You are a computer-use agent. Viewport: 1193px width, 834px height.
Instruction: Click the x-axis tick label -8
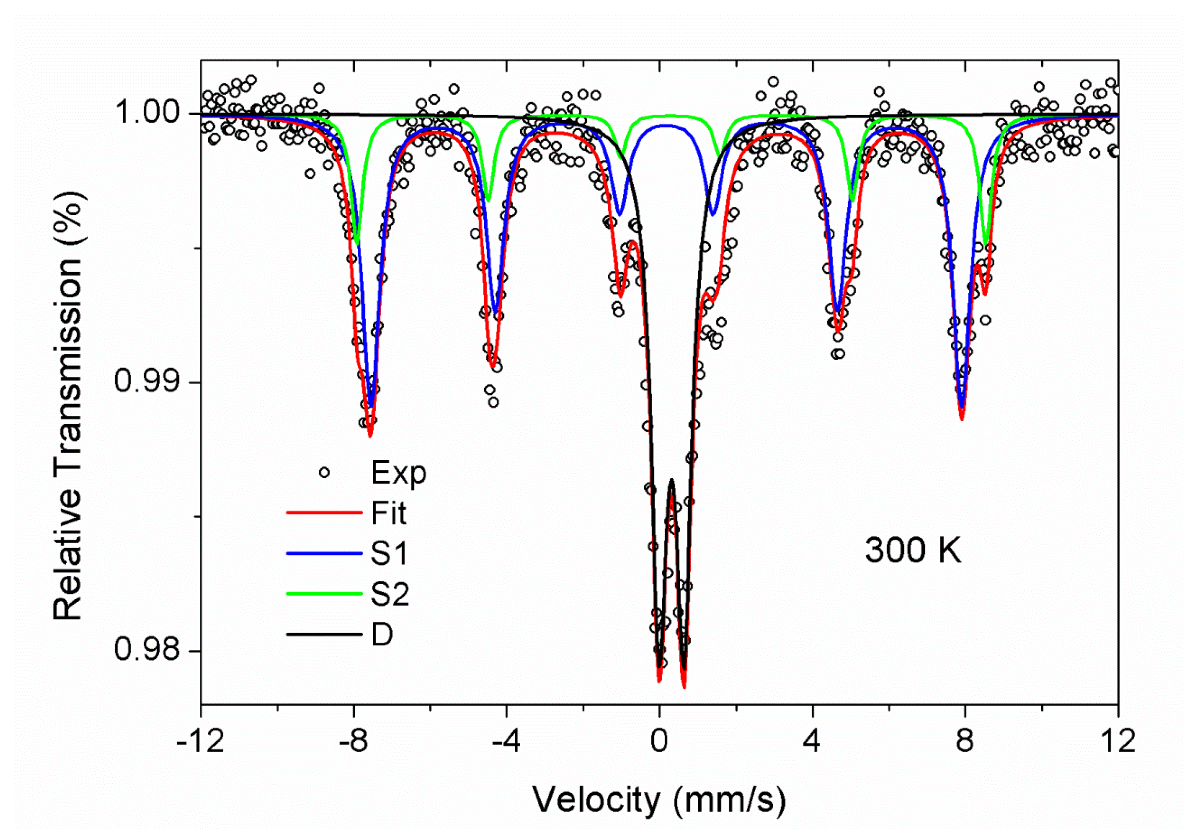tap(353, 742)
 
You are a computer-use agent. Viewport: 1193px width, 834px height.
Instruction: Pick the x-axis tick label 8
tap(964, 742)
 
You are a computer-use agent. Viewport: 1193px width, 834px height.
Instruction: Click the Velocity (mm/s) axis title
tap(659, 800)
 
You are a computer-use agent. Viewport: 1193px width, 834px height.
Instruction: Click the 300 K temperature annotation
tap(912, 550)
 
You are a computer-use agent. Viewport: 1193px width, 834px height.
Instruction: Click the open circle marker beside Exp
tap(324, 473)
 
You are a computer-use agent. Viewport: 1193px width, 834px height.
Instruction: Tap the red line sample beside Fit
tap(324, 513)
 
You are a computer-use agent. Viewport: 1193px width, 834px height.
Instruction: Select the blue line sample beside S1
tap(324, 553)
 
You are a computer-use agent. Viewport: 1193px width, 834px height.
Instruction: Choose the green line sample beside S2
tap(324, 594)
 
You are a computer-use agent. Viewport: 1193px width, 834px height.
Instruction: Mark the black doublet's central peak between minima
tap(672, 480)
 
